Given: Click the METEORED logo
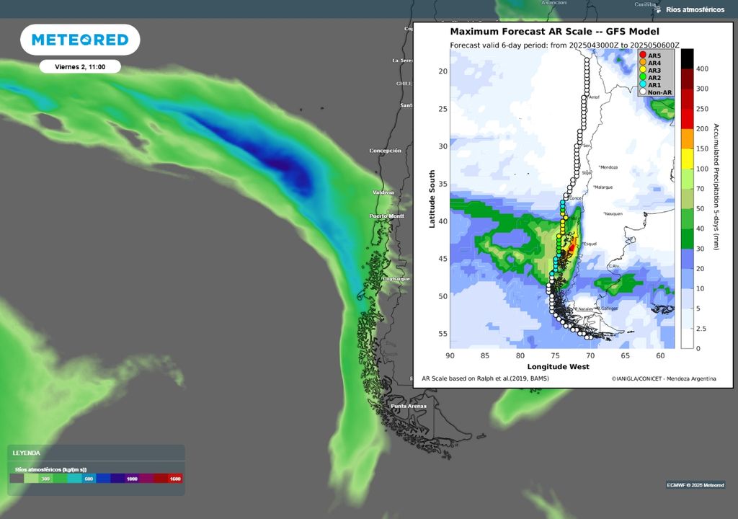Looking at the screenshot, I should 79,40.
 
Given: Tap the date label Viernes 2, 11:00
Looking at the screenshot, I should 80,67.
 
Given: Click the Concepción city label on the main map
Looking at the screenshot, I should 385,151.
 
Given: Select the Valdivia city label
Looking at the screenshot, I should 383,192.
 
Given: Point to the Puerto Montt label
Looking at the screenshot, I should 386,216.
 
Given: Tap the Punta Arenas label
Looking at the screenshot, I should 408,407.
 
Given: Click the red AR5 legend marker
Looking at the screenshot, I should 643,56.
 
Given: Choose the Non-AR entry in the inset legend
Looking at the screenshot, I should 655,92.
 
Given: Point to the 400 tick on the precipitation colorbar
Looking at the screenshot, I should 702,68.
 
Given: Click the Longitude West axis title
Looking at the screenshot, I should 558,367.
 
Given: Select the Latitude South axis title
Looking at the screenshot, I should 432,199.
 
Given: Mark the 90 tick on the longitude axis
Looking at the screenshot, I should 450,355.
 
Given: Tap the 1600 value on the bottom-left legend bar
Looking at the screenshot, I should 174,479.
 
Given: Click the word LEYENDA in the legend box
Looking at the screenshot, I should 27,453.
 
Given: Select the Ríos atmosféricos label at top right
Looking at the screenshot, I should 695,9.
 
